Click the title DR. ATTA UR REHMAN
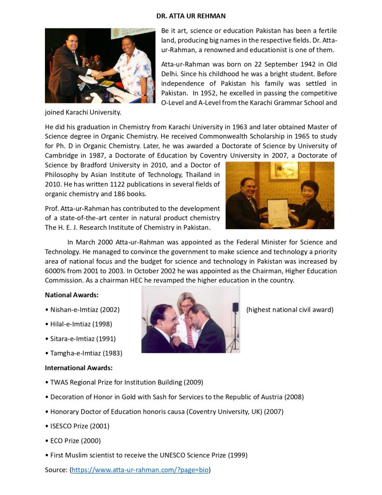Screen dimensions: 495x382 coord(191,16)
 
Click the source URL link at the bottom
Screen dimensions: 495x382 coord(140,469)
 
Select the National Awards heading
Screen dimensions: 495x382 coord(71,294)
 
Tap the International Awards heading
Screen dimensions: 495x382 coord(79,367)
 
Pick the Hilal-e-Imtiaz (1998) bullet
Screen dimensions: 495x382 coord(81,324)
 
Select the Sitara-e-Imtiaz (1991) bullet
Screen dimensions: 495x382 coord(83,338)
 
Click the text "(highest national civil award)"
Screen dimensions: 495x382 coord(290,309)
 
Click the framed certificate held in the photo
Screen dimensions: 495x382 coord(279,211)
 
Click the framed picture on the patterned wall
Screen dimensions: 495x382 coord(284,171)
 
